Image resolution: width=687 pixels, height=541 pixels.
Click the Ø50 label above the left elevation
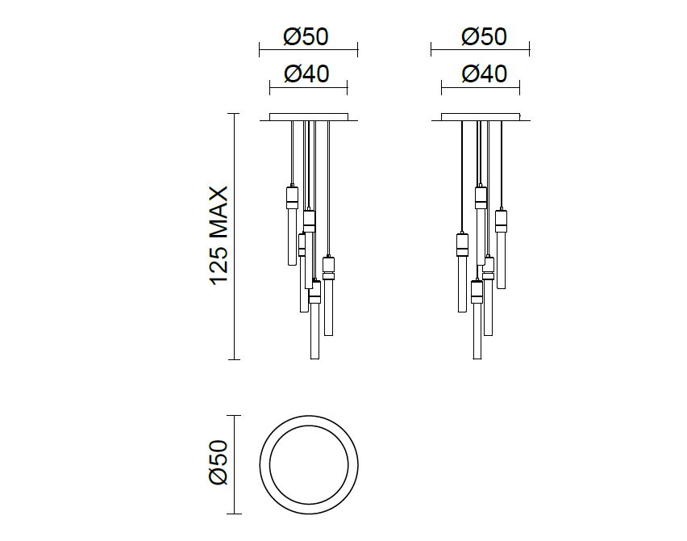(x=306, y=37)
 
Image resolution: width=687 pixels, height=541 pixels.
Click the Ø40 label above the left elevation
(x=306, y=73)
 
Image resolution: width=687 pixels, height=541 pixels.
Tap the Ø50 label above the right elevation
(x=484, y=37)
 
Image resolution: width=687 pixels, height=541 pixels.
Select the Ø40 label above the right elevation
(x=484, y=73)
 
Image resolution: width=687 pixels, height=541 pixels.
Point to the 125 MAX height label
(x=219, y=236)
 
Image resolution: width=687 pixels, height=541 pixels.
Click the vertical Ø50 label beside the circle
(x=219, y=463)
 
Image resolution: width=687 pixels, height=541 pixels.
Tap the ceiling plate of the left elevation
(x=309, y=117)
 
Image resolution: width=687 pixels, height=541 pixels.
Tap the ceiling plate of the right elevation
(x=481, y=117)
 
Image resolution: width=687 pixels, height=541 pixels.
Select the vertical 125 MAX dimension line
(x=235, y=237)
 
